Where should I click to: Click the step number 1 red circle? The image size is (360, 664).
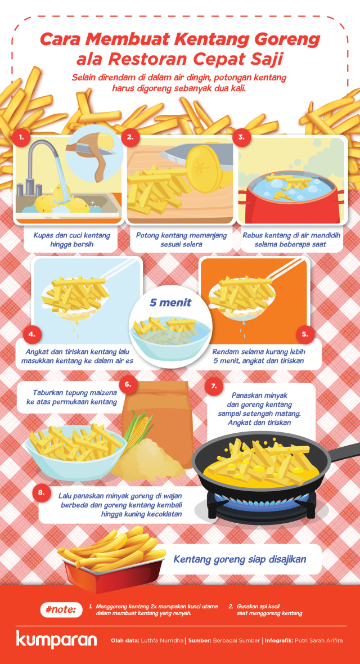click(20, 137)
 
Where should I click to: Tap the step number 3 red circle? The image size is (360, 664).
click(242, 137)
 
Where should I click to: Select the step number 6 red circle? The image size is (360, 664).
click(128, 385)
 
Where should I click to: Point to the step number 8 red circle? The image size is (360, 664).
click(41, 493)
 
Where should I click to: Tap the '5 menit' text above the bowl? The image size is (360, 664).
click(170, 303)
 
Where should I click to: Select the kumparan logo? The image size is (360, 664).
click(56, 640)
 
